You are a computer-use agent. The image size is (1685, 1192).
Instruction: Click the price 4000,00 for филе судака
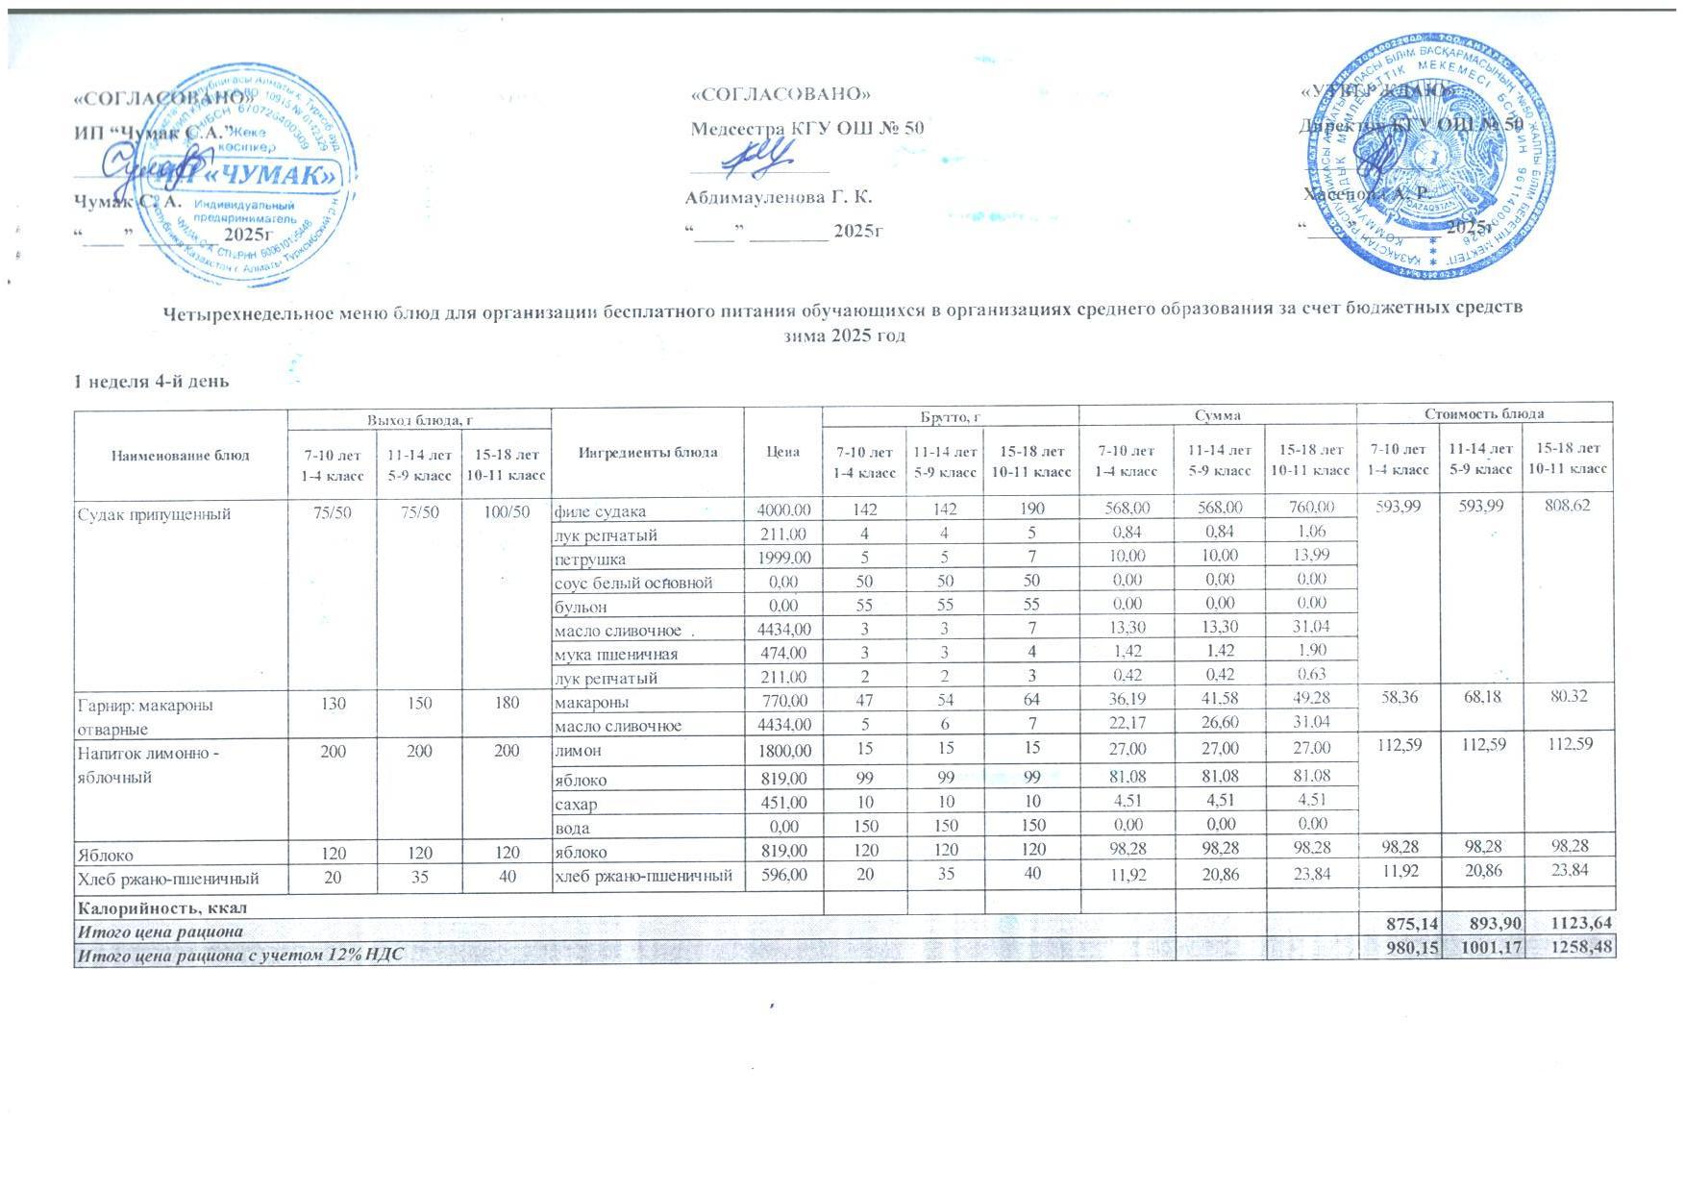pyautogui.click(x=783, y=510)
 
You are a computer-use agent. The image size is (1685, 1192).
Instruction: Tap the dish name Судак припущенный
pyautogui.click(x=154, y=513)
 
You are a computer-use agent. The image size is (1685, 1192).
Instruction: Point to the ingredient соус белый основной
pyautogui.click(x=632, y=582)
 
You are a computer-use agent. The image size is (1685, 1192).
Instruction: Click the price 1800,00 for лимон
pyautogui.click(x=783, y=749)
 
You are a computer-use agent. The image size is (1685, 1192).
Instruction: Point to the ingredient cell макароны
pyautogui.click(x=591, y=703)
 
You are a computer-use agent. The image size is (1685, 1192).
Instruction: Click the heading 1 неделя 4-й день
pyautogui.click(x=152, y=382)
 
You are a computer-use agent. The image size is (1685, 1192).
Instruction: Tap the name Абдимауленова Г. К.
pyautogui.click(x=778, y=198)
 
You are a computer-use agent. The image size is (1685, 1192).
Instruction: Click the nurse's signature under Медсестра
pyautogui.click(x=759, y=158)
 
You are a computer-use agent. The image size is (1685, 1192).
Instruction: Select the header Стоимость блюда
pyautogui.click(x=1483, y=413)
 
